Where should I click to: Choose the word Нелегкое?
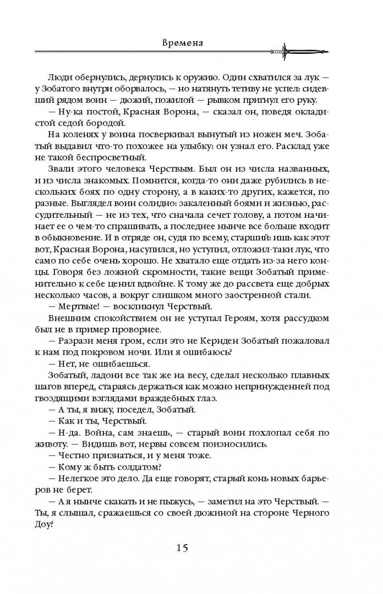click(x=91, y=479)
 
